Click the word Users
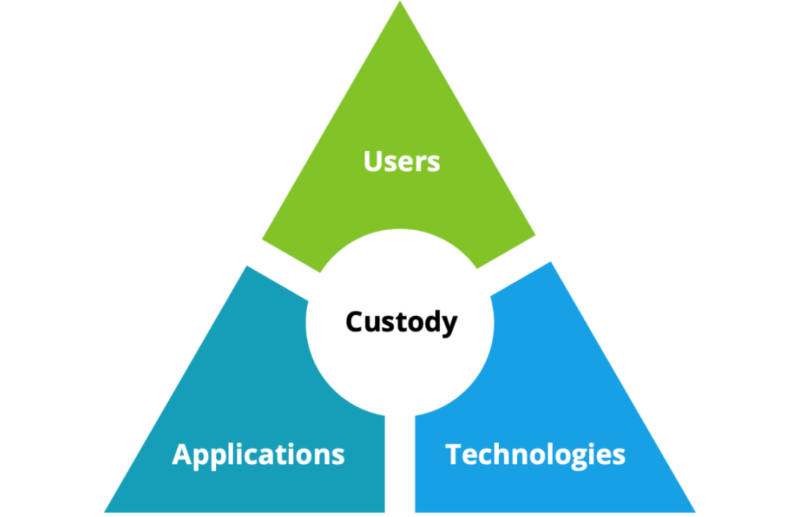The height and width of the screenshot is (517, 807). [x=401, y=161]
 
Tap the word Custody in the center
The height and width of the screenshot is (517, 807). [x=401, y=322]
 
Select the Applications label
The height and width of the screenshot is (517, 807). [x=259, y=454]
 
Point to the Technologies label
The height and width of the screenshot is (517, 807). [x=535, y=454]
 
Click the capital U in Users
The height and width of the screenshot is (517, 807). [x=373, y=161]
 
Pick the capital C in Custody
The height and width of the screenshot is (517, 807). [x=355, y=322]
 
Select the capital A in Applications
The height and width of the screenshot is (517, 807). [x=183, y=454]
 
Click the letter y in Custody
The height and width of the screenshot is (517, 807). [x=449, y=325]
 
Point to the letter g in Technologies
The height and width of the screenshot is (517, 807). [x=582, y=457]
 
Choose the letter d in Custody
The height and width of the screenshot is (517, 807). [x=433, y=322]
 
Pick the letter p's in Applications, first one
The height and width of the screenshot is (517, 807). [x=204, y=456]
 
